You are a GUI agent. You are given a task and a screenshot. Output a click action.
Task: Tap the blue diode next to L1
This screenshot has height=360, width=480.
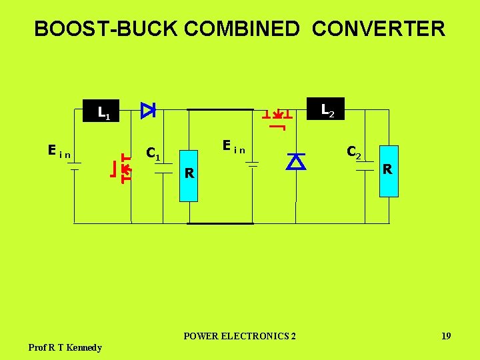click(x=147, y=110)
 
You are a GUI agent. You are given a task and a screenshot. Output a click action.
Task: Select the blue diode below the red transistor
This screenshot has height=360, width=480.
click(x=295, y=161)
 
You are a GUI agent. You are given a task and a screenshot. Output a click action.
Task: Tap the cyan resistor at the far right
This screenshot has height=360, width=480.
click(x=388, y=171)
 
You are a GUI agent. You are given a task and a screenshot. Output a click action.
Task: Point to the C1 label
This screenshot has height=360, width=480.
click(x=153, y=153)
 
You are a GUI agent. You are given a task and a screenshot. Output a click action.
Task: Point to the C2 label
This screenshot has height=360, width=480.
click(x=353, y=152)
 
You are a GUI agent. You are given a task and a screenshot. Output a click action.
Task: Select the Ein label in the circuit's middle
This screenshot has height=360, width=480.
click(x=234, y=146)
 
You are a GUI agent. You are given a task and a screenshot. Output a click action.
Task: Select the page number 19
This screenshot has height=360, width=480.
click(x=446, y=336)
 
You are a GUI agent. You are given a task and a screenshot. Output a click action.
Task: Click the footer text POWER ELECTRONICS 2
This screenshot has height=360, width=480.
click(x=239, y=336)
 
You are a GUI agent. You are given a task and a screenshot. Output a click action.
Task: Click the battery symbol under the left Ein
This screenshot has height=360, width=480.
click(x=75, y=165)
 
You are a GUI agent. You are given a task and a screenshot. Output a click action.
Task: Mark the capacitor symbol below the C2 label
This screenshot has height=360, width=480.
click(x=365, y=166)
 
